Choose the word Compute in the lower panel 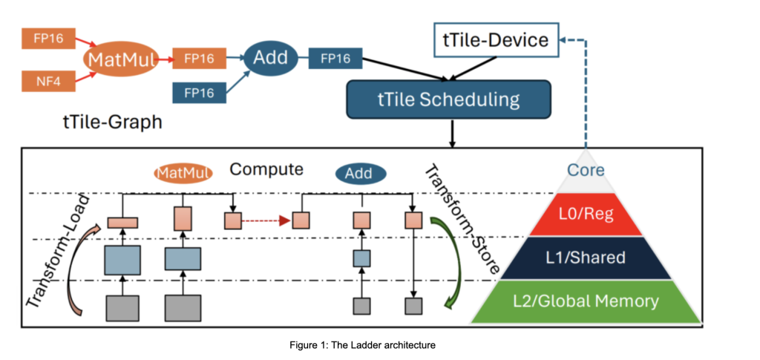pyautogui.click(x=266, y=169)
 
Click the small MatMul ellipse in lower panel pyautogui.click(x=183, y=173)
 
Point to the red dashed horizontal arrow pyautogui.click(x=265, y=220)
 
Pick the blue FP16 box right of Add pyautogui.click(x=335, y=58)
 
